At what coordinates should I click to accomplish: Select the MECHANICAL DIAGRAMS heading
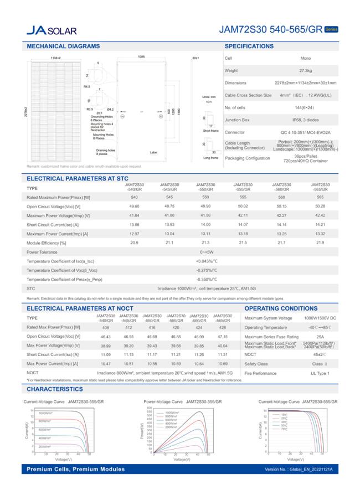(63, 46)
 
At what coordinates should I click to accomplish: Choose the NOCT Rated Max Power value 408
(105, 327)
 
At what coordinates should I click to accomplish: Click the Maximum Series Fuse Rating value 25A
(320, 337)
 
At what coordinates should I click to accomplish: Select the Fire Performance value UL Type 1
(320, 373)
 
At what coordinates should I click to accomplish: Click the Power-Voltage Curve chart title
(182, 401)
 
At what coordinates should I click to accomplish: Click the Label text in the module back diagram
(153, 152)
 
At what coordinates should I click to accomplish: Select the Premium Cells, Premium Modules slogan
(76, 469)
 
